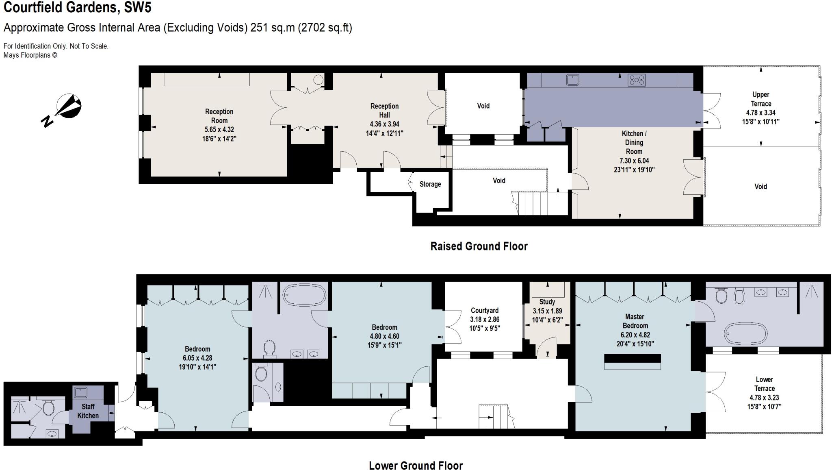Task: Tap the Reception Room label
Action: pyautogui.click(x=219, y=116)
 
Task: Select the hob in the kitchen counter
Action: pyautogui.click(x=636, y=80)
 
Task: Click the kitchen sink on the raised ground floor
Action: pyautogui.click(x=572, y=80)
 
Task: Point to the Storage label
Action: pyautogui.click(x=430, y=184)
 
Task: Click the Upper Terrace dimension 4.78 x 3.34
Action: pyautogui.click(x=760, y=113)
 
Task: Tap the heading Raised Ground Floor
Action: pyautogui.click(x=479, y=246)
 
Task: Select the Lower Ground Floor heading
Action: pyautogui.click(x=416, y=465)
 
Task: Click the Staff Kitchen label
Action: pyautogui.click(x=88, y=411)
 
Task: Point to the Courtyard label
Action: pyautogui.click(x=484, y=310)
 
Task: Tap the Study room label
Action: pyautogui.click(x=547, y=302)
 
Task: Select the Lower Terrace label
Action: pyautogui.click(x=764, y=384)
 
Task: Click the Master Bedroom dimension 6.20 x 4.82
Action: pyautogui.click(x=635, y=335)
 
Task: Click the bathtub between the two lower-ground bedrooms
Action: pyautogui.click(x=304, y=293)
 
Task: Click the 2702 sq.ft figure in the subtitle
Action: pyautogui.click(x=324, y=28)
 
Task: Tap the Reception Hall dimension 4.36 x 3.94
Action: pyautogui.click(x=384, y=124)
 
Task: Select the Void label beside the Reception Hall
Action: pyautogui.click(x=483, y=106)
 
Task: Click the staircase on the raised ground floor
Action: pyautogui.click(x=530, y=203)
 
